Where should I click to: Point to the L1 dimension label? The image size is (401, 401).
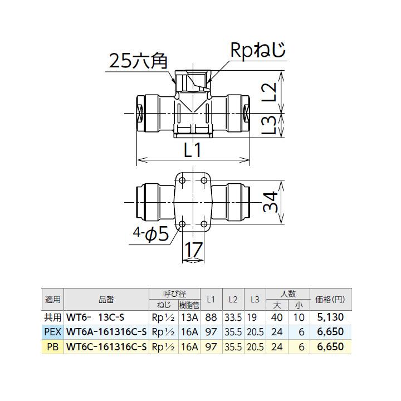[190, 149]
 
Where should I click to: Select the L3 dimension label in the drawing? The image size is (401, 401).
[268, 124]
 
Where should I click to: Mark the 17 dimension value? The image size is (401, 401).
[193, 251]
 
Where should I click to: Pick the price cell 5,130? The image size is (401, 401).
[330, 317]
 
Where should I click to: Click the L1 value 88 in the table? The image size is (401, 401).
[211, 317]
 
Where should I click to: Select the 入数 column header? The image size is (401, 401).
[288, 294]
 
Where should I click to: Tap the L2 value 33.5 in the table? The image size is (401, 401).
[233, 317]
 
